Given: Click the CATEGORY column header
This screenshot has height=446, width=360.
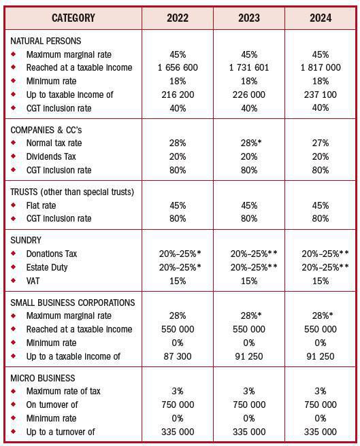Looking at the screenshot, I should coord(73,18).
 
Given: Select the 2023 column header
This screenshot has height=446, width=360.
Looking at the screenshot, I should coord(248,18).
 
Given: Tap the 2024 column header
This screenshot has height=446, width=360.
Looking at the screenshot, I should coord(320,18).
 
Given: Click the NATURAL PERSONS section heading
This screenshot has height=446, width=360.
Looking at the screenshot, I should coord(46,41).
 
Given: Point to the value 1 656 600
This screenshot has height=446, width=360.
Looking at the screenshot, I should coord(178,68).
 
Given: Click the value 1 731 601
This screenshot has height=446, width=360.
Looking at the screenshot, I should coord(248,68).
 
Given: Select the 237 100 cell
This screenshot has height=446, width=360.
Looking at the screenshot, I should coord(320,95).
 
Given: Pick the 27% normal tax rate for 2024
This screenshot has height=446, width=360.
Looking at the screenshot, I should coord(320,143).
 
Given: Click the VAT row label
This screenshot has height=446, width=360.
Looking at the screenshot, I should coord(35,281).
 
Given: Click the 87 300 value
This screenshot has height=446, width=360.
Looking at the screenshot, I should coord(178,356).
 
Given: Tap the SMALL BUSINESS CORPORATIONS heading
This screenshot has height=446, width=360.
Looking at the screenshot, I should coord(72,303).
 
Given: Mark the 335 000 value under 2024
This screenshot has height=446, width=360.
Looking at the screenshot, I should coord(320,432).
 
